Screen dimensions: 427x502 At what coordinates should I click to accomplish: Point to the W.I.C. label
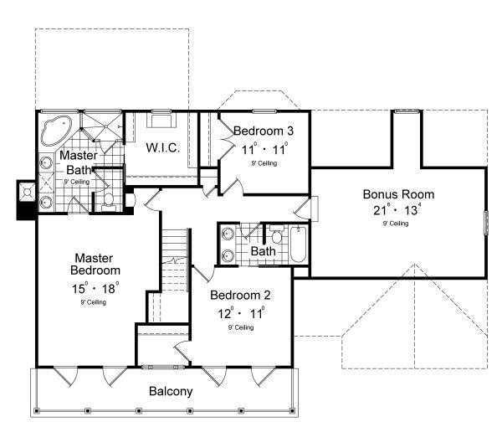164,148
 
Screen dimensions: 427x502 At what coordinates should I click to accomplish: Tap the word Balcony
171,391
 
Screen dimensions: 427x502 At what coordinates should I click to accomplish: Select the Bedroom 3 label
263,131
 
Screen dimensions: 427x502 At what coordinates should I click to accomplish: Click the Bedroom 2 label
238,295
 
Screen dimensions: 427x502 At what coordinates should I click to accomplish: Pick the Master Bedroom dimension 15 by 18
96,288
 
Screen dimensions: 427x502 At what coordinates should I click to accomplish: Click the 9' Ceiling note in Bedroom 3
263,163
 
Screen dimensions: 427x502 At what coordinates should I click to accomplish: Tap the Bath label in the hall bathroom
263,250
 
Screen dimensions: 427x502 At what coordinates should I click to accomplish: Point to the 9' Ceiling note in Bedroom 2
239,327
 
